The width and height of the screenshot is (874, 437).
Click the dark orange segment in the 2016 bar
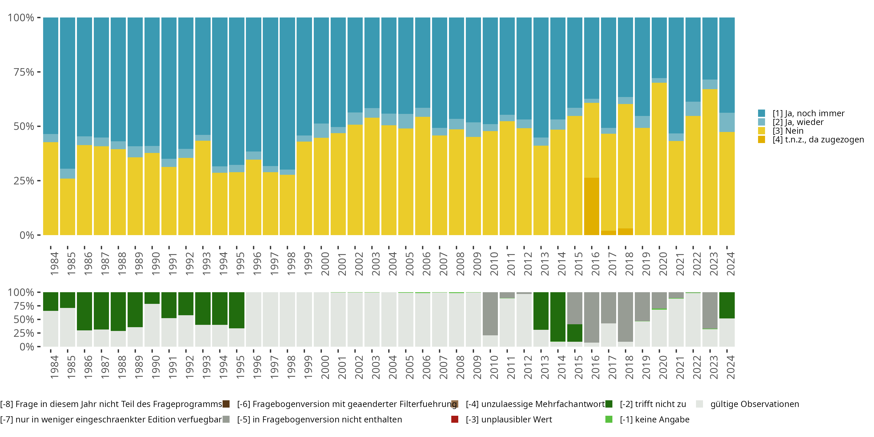pyautogui.click(x=591, y=206)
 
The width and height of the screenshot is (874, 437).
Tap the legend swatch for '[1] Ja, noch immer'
pyautogui.click(x=761, y=113)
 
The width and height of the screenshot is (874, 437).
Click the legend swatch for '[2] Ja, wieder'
pyautogui.click(x=761, y=122)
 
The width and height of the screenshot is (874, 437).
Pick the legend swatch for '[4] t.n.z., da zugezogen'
pyautogui.click(x=761, y=140)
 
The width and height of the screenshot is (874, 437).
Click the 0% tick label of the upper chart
pyautogui.click(x=27, y=235)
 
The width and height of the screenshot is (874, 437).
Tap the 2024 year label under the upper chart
pyautogui.click(x=730, y=264)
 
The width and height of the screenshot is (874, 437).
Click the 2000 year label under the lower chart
pyautogui.click(x=325, y=367)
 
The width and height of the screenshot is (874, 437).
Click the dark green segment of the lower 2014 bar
pyautogui.click(x=558, y=317)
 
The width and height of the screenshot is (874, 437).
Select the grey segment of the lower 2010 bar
pyautogui.click(x=490, y=313)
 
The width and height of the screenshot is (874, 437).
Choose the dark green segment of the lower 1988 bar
pyautogui.click(x=118, y=311)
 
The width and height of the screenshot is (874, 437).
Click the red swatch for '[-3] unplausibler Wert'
pyautogui.click(x=455, y=419)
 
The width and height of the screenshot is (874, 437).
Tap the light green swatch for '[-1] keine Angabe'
pyautogui.click(x=609, y=419)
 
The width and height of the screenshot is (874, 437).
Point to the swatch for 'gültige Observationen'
pyautogui.click(x=699, y=404)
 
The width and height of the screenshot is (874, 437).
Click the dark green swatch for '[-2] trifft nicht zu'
pyautogui.click(x=609, y=404)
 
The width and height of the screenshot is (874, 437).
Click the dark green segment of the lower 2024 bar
pyautogui.click(x=727, y=305)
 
